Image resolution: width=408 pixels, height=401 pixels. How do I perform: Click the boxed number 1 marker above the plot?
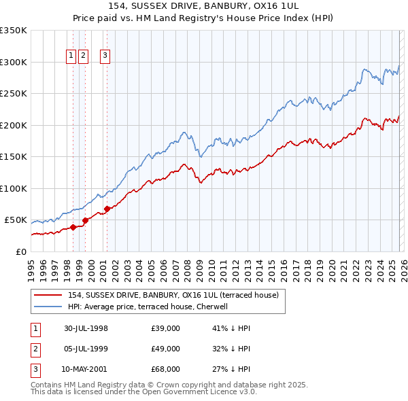[x=71, y=56]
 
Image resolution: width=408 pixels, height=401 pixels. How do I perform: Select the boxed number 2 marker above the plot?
[x=83, y=56]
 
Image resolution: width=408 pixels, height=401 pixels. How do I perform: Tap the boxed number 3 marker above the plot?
[x=105, y=56]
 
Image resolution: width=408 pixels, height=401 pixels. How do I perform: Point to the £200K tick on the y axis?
[x=13, y=125]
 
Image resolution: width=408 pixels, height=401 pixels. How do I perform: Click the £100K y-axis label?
[x=13, y=188]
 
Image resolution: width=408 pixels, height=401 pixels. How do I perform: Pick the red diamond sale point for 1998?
[x=73, y=227]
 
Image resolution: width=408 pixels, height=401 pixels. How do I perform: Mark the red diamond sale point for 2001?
[x=107, y=209]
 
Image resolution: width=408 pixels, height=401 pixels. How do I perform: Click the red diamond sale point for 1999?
[x=85, y=220]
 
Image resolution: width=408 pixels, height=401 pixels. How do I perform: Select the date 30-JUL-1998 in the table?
[x=86, y=328]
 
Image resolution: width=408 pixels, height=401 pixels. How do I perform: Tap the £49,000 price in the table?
[x=165, y=349]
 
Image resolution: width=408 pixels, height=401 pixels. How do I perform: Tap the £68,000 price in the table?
[x=165, y=369]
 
